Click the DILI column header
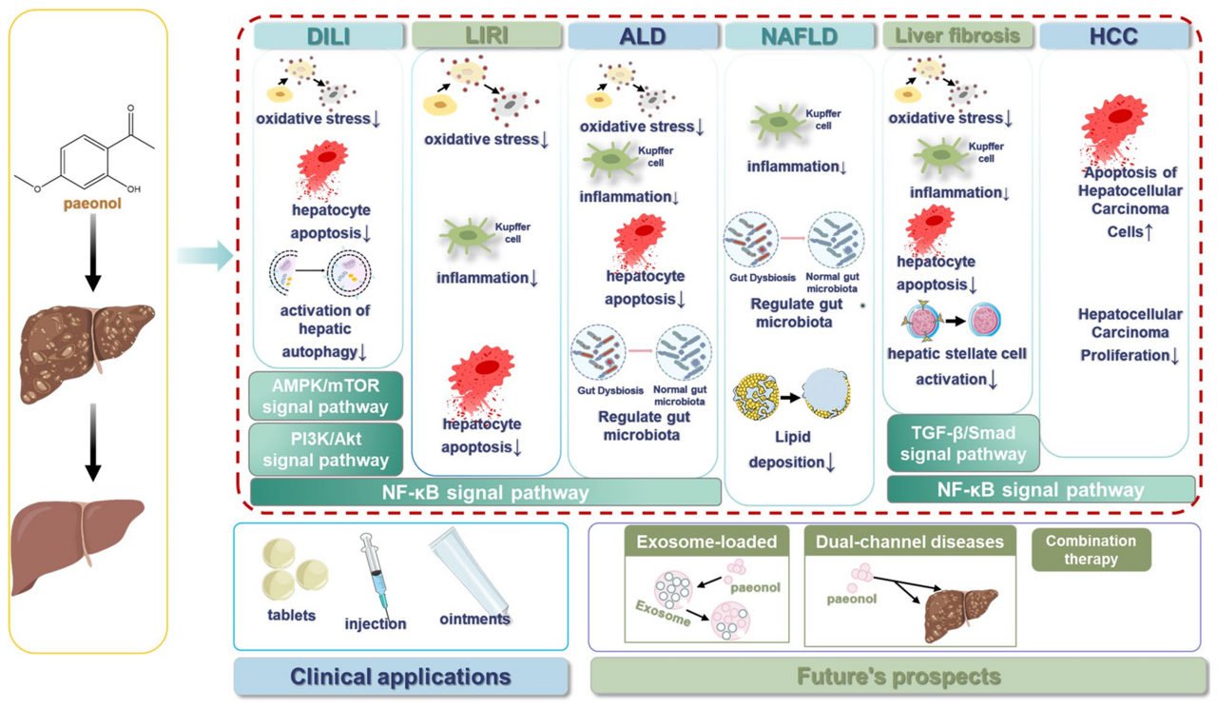click(x=328, y=36)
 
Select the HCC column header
click(x=1114, y=36)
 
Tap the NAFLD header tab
click(x=799, y=36)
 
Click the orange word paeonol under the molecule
click(x=92, y=203)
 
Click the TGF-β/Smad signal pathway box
click(x=962, y=443)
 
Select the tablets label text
click(x=291, y=616)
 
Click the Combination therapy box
click(x=1091, y=549)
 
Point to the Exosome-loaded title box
click(x=706, y=542)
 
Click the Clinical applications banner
click(x=400, y=677)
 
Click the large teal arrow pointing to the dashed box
click(x=205, y=255)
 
